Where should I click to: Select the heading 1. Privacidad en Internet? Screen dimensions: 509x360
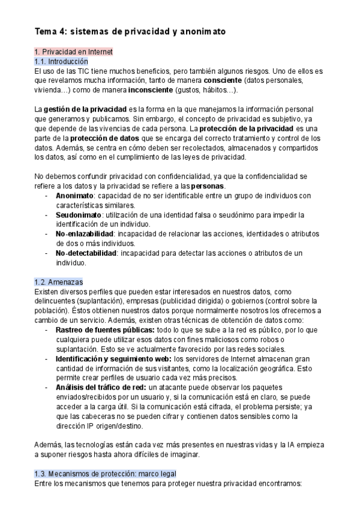73,52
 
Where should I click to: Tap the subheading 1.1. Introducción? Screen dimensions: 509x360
61,61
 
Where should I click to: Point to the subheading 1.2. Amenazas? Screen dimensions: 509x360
59,282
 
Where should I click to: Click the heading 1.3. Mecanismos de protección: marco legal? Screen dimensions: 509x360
105,474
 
